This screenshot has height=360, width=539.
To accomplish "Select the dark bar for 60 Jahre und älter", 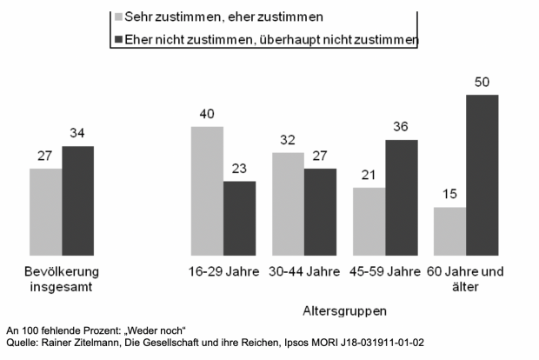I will [482, 174].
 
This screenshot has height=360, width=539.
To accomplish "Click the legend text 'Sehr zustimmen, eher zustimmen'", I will [212, 17].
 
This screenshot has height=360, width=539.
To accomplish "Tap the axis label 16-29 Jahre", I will [223, 271].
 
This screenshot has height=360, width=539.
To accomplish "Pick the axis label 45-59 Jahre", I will [385, 271].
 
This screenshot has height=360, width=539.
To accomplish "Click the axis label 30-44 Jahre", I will [303, 271].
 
